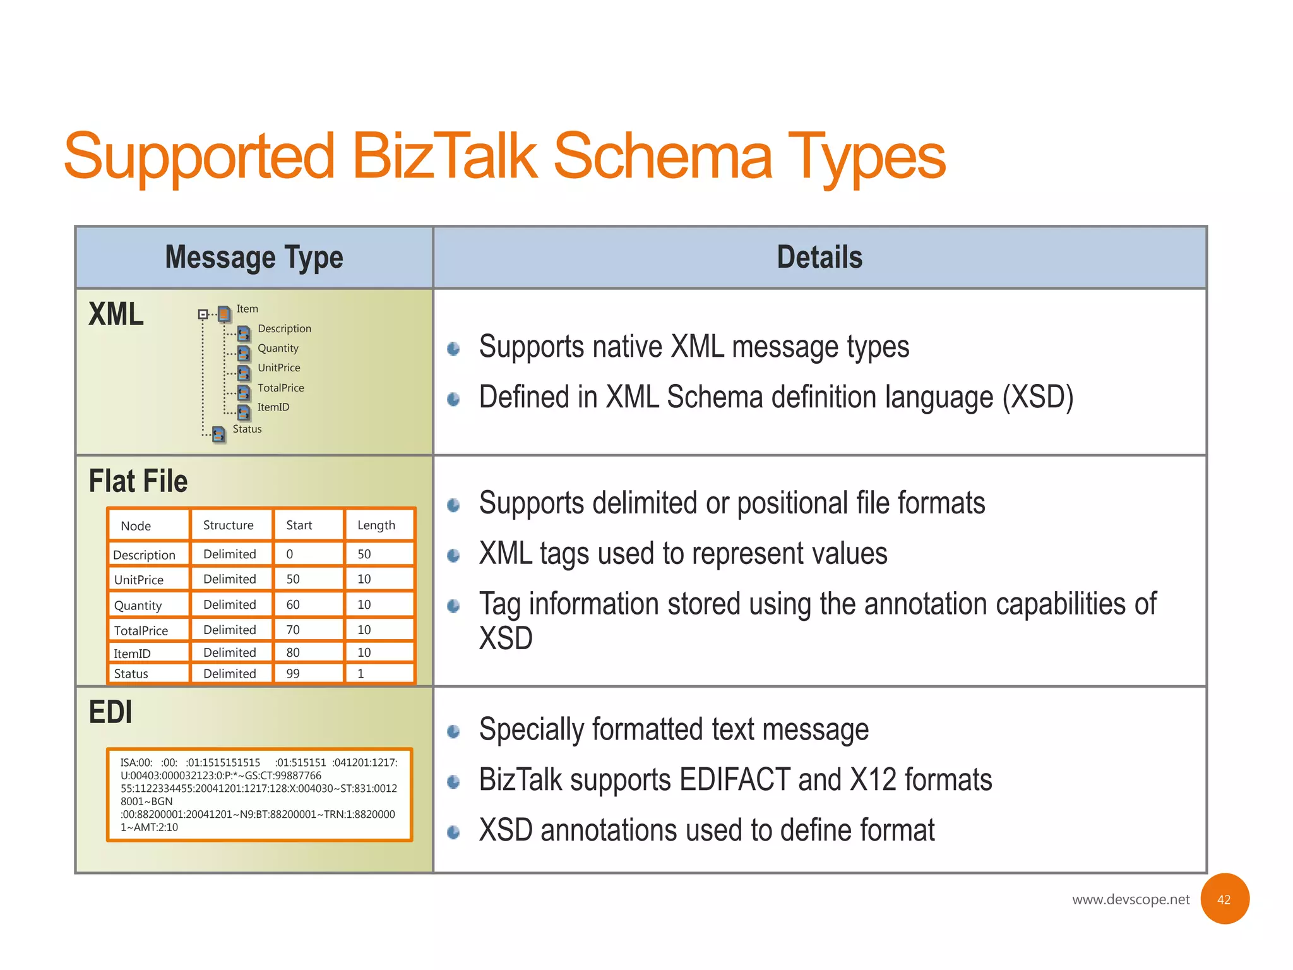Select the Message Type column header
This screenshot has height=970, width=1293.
coord(254,258)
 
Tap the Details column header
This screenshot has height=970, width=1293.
coord(819,258)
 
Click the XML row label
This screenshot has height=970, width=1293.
coord(116,314)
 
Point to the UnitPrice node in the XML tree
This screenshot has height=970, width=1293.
coord(278,368)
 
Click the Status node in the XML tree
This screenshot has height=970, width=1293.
coord(247,429)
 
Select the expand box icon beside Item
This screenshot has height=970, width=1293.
coord(203,314)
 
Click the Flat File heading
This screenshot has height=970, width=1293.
coord(138,481)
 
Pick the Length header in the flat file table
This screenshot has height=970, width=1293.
coord(376,525)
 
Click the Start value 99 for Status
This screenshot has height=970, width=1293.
coord(293,674)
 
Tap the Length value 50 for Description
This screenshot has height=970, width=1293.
coord(364,554)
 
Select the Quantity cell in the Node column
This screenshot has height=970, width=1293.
coord(138,606)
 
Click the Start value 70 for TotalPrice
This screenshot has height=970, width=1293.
coord(293,630)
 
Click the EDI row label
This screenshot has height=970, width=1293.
coord(110,712)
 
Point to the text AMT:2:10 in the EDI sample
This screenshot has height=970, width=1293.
coord(155,827)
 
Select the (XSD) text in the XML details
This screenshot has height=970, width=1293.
coord(1038,398)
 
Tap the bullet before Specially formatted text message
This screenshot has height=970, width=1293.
coord(453,732)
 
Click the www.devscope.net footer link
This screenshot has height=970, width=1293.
coord(1130,899)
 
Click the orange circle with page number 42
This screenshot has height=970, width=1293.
coord(1224,899)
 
